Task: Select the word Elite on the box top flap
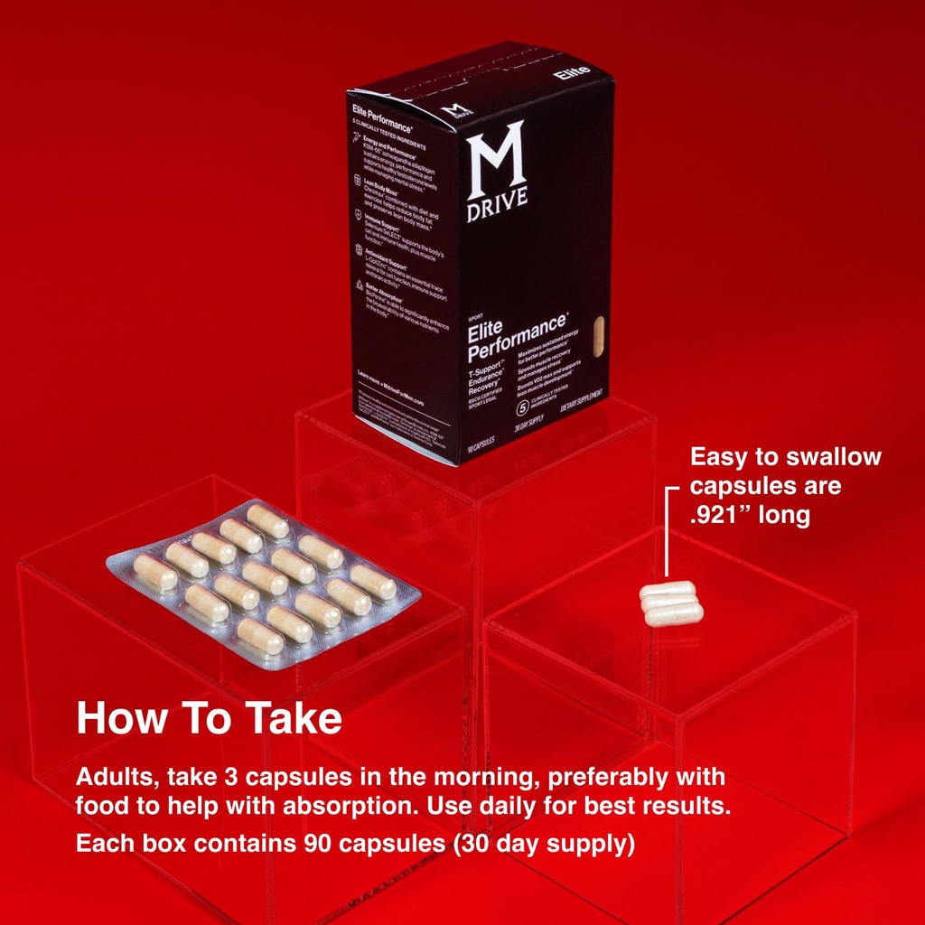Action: (x=572, y=72)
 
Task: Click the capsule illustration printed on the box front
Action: (x=596, y=337)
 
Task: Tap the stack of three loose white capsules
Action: (x=671, y=603)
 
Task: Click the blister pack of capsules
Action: (x=263, y=583)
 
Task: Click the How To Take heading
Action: (x=209, y=718)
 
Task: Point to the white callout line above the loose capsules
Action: (x=668, y=533)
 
